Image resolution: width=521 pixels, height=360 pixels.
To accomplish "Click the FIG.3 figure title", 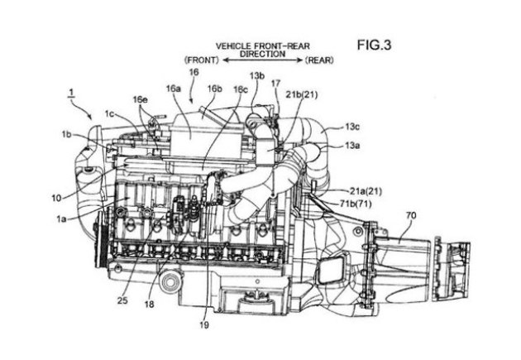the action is [374, 45].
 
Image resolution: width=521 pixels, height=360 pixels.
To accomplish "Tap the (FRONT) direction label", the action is [202, 60].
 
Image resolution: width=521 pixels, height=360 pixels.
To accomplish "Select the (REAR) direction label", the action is [319, 60].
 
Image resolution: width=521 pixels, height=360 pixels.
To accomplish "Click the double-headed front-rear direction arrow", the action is [262, 60].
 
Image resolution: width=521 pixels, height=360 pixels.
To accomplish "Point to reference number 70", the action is [411, 215].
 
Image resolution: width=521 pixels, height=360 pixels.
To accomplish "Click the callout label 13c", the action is [352, 127].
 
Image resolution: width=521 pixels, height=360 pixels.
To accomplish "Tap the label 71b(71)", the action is [356, 204].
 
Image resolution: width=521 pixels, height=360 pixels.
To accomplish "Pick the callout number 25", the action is [122, 300].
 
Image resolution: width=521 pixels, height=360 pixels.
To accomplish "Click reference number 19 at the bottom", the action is [204, 324].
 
